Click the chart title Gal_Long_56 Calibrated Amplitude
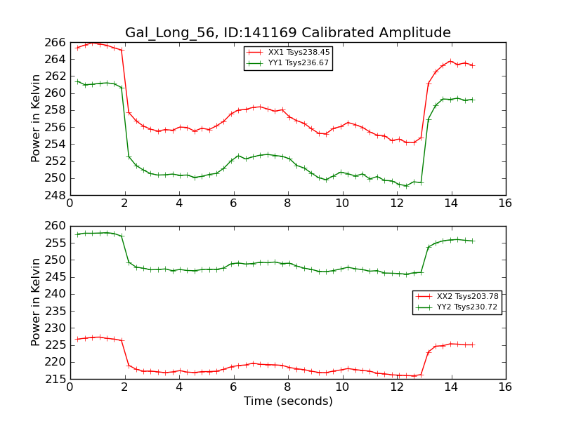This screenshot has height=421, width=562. point(288,32)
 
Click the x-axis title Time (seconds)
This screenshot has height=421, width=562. point(288,401)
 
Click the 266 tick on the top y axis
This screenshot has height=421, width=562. point(55,42)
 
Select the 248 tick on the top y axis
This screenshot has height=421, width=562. point(55,195)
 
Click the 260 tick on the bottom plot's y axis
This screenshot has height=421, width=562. point(55,226)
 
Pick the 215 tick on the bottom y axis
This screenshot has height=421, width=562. point(55,379)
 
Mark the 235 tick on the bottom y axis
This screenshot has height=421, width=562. point(55,311)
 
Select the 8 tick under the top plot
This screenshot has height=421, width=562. point(287,203)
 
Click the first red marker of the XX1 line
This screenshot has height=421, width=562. point(77,47)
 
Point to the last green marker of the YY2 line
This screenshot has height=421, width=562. point(472,241)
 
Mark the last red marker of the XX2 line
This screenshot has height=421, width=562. point(472,345)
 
